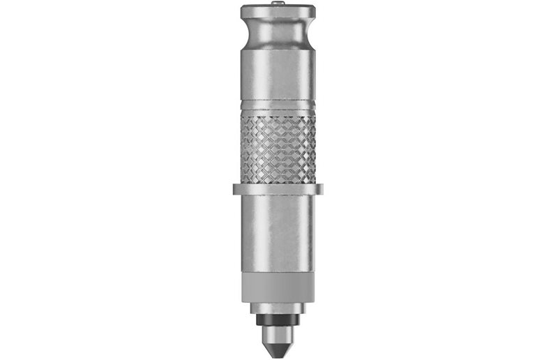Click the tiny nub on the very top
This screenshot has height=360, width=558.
278,3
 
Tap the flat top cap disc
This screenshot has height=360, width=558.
278,12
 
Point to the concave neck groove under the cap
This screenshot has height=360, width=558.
278,31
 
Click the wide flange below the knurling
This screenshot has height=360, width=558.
278,188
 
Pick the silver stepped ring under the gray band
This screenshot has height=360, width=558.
278,308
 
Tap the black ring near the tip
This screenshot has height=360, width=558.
278,320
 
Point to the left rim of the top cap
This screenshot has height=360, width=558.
244,12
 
